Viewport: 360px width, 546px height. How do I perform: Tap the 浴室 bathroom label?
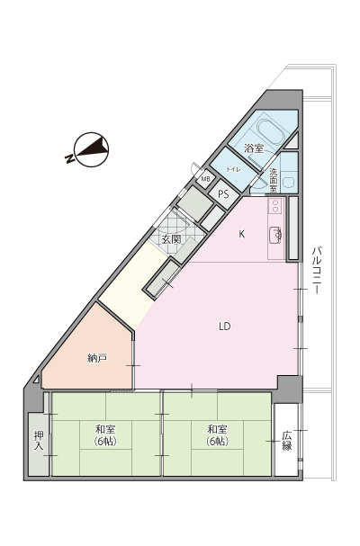point(254,148)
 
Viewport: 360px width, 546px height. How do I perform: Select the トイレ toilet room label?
point(233,170)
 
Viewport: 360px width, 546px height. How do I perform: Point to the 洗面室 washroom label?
point(274,181)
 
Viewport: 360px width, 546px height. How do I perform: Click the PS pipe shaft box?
point(223,194)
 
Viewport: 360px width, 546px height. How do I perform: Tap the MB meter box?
point(205,179)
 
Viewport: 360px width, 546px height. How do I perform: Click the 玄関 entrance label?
point(171,239)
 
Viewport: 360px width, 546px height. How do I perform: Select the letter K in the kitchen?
point(241,235)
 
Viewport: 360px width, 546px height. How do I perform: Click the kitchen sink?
point(275,235)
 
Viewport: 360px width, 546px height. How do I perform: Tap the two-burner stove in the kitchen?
point(275,205)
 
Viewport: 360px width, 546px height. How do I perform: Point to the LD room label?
point(225,327)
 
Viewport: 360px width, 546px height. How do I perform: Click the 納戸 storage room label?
point(97,358)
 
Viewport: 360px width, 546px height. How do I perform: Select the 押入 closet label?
point(39,441)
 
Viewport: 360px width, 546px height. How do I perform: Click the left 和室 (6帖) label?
point(105,435)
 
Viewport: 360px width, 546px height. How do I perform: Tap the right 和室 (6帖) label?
point(217,435)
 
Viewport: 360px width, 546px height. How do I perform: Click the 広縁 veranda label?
point(286,441)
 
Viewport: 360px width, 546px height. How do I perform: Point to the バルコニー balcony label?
point(316,270)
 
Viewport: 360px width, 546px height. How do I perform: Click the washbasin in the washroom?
point(289,183)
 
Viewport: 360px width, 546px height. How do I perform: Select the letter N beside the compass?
point(69,158)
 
